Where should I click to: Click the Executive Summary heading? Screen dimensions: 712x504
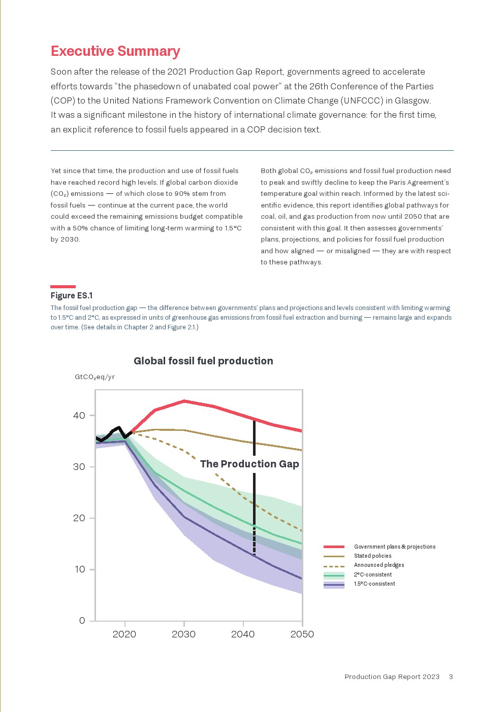click(x=115, y=51)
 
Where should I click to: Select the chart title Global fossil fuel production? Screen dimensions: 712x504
click(x=203, y=361)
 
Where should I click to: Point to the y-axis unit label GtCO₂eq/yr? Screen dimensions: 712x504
click(x=94, y=377)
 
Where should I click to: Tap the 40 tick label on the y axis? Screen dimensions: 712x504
click(x=79, y=416)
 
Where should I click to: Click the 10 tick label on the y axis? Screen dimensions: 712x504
click(x=80, y=569)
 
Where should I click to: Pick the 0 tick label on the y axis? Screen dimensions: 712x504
click(x=82, y=621)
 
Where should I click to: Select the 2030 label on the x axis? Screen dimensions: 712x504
click(x=183, y=634)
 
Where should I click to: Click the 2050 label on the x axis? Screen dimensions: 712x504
click(x=302, y=634)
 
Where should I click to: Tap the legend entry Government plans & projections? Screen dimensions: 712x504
click(x=394, y=547)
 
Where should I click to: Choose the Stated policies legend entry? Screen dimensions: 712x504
click(x=372, y=556)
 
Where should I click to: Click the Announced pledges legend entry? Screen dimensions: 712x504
click(x=379, y=565)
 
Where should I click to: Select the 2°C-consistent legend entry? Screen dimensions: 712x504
click(x=372, y=574)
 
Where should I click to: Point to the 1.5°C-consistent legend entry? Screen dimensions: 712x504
click(x=374, y=584)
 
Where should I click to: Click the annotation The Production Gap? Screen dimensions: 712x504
click(x=249, y=464)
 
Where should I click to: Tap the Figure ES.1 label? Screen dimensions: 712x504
click(x=72, y=296)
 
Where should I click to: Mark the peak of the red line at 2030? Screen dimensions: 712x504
click(x=184, y=401)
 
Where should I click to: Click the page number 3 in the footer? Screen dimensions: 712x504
click(x=451, y=676)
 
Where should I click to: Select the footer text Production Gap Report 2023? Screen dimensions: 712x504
click(x=392, y=676)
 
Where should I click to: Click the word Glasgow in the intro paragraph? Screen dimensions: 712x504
click(x=413, y=100)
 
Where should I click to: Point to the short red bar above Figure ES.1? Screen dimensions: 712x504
click(x=63, y=287)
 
